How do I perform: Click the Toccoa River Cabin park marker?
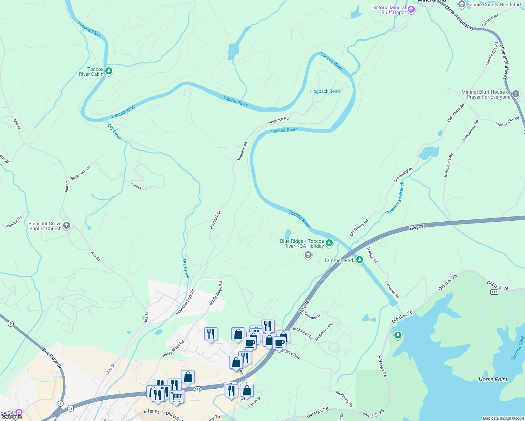[x=109, y=71]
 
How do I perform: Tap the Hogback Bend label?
[x=325, y=91]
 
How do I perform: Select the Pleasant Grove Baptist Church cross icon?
[x=67, y=226]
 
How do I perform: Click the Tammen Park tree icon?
[x=359, y=260]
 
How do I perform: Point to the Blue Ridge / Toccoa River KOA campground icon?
[x=329, y=243]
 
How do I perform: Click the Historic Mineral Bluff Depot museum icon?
[x=411, y=9]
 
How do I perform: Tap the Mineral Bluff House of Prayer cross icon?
[x=516, y=94]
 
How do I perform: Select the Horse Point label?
[x=493, y=379]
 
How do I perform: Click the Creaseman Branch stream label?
[x=395, y=199]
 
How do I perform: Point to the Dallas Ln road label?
[x=139, y=186]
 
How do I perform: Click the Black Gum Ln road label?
[x=80, y=173]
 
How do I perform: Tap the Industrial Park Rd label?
[x=185, y=302]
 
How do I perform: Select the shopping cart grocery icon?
[x=176, y=397]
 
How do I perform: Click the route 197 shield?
[x=494, y=292]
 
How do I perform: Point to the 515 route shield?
[x=197, y=389]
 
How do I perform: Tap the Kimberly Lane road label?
[x=324, y=332]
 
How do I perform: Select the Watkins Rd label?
[x=14, y=221]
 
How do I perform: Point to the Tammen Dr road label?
[x=313, y=315]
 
